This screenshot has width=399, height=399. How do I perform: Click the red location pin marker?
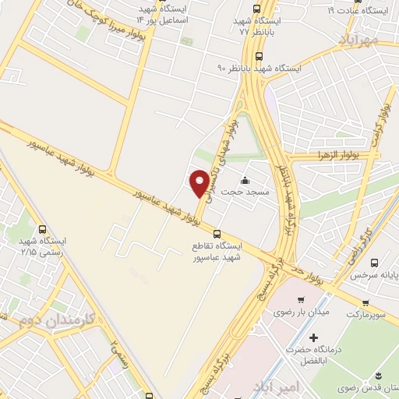199,183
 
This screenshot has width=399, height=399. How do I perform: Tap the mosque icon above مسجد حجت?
246,179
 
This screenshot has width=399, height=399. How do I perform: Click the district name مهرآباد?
360,37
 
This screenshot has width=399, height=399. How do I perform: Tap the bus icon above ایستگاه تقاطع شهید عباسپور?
217,232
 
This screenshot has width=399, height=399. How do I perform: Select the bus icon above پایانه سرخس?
375,263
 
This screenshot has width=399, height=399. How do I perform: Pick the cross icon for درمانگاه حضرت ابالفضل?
312,340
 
